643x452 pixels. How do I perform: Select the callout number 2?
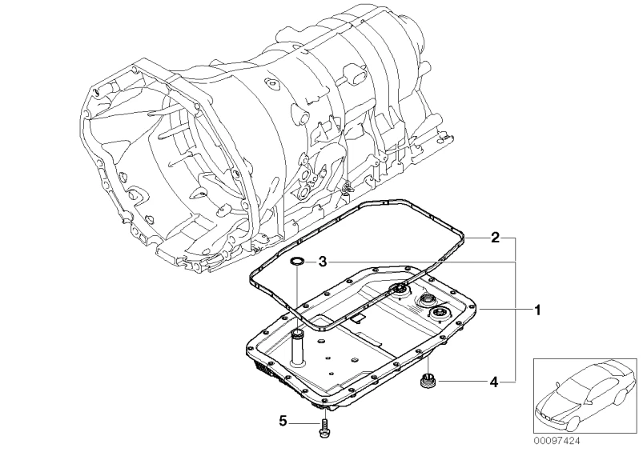[496, 238]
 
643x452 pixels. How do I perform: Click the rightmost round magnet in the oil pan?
[437, 314]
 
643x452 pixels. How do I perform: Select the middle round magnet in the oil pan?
[422, 301]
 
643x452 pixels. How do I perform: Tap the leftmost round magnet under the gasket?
[397, 291]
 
